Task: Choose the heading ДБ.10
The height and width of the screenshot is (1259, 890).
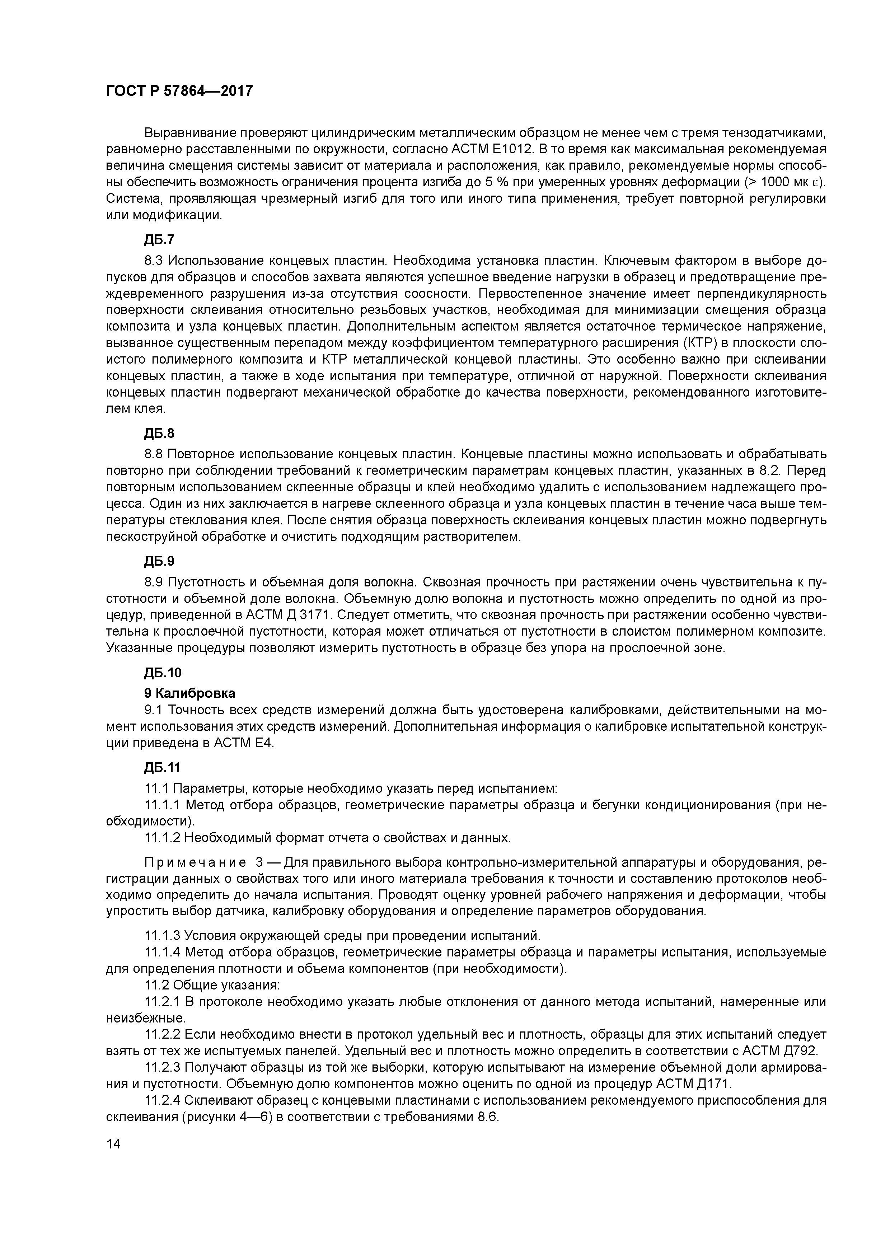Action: coord(163,673)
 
